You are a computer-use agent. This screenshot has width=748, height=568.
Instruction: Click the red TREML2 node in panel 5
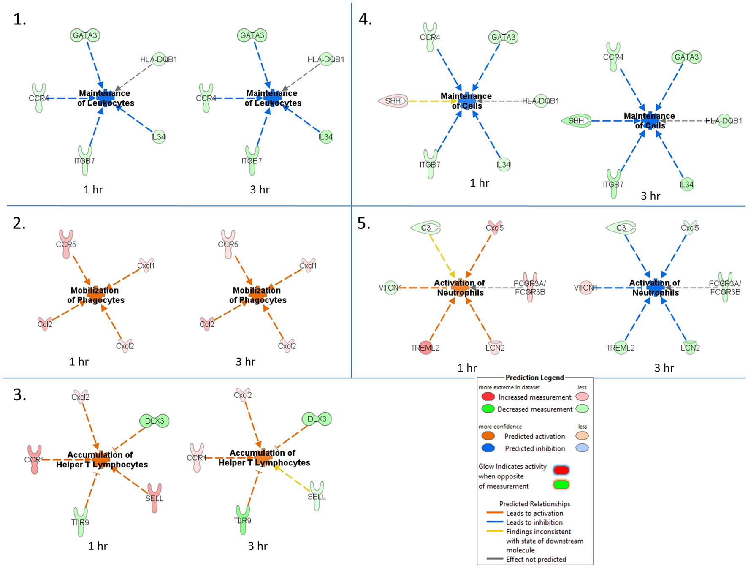(x=425, y=348)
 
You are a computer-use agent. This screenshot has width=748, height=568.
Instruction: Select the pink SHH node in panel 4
(x=393, y=101)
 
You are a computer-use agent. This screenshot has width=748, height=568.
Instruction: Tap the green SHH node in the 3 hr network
(x=576, y=121)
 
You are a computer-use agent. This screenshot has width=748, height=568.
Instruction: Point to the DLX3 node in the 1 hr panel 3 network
(x=154, y=421)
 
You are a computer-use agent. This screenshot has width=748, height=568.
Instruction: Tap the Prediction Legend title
(x=534, y=378)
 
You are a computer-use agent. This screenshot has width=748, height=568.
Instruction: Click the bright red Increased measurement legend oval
(x=488, y=397)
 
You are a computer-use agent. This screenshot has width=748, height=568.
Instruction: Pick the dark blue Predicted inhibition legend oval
(x=488, y=448)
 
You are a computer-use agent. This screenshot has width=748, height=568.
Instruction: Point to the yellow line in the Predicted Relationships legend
(x=494, y=531)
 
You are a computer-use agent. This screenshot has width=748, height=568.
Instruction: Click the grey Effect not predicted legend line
(x=494, y=559)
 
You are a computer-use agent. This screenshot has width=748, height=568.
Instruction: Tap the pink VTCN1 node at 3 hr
(x=585, y=288)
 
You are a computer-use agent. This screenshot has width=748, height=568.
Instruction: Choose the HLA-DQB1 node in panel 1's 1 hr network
(x=159, y=60)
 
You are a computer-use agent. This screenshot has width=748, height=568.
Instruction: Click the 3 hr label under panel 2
(x=245, y=361)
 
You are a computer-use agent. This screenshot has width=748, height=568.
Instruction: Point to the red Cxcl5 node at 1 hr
(x=494, y=227)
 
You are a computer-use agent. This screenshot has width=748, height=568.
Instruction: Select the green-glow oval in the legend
(x=561, y=485)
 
